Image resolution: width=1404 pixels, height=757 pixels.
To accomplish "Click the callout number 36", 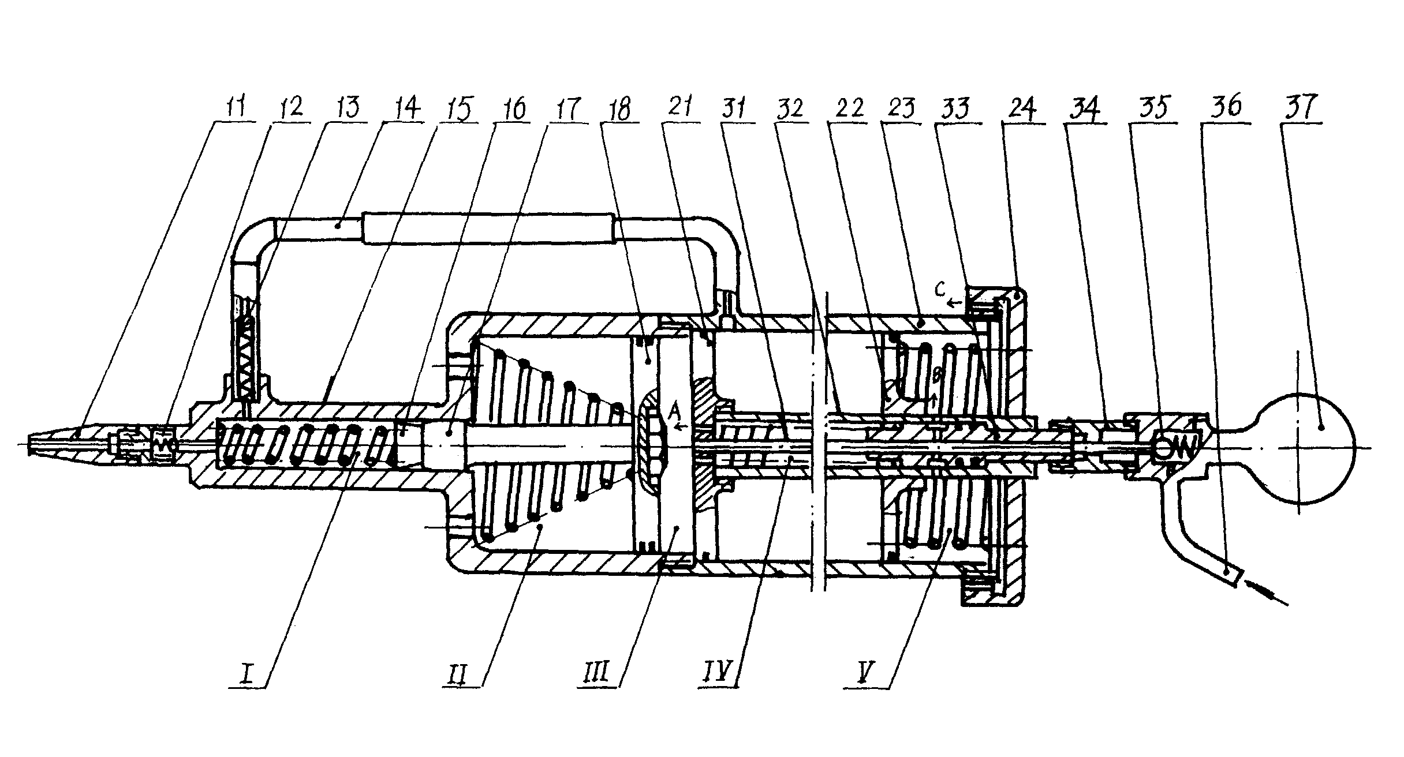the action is pos(1226,108).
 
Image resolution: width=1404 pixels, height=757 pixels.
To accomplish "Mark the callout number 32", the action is pos(790,108).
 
